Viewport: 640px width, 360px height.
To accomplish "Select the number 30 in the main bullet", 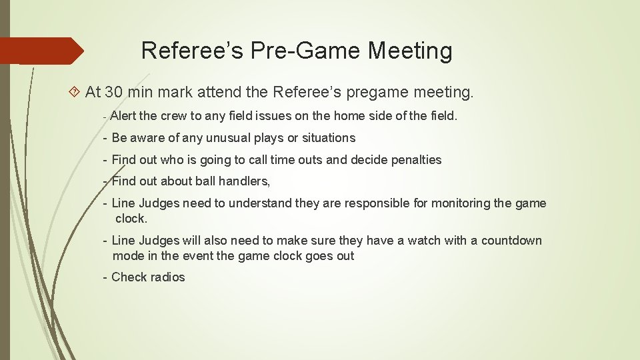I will coord(114,92).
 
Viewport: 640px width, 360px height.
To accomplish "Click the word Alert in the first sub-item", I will coord(124,116).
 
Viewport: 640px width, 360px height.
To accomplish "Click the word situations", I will coord(329,138).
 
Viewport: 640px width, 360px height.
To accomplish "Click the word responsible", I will coord(366,203).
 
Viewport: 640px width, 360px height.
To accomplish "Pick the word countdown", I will coord(511,241).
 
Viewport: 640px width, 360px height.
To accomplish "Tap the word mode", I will coord(127,256).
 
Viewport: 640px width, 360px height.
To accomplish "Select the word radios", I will coord(168,277).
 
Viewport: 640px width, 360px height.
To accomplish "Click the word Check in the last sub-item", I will coord(129,277).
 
